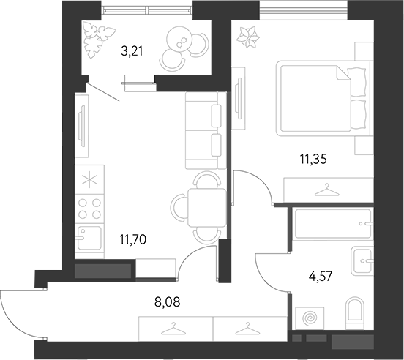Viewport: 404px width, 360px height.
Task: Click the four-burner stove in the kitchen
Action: click(x=90, y=209)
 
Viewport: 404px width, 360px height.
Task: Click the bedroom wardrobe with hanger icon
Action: click(x=323, y=191)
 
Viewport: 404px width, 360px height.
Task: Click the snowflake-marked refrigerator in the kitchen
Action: click(x=90, y=180)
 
